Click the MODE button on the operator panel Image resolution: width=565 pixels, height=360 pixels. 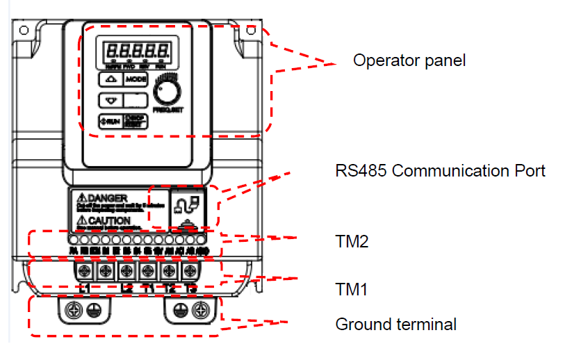136,80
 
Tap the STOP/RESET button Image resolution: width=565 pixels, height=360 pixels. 136,120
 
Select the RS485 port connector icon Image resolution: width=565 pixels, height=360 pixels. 186,206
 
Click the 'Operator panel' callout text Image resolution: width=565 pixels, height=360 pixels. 409,60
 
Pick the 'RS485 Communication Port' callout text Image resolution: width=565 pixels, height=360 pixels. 440,171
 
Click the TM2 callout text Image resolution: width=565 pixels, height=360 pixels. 352,242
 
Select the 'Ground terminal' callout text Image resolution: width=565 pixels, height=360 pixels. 395,325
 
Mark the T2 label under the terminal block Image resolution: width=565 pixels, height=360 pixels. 169,288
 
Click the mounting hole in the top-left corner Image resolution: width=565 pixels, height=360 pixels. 23,31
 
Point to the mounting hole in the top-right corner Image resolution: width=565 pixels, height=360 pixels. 252,31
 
